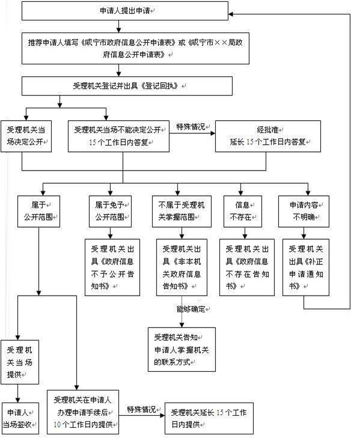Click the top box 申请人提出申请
click(125, 11)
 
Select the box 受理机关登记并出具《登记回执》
click(127, 86)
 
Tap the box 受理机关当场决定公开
click(26, 136)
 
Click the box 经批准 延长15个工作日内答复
click(268, 136)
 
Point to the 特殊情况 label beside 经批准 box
click(191, 127)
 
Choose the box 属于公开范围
click(38, 211)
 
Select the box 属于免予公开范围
click(110, 211)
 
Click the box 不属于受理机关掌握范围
click(182, 211)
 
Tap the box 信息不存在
click(243, 211)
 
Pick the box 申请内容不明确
click(304, 211)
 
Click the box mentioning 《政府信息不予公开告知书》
click(112, 267)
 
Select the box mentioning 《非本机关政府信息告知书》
click(182, 267)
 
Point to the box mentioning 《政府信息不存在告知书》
click(247, 267)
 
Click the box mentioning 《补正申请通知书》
click(306, 267)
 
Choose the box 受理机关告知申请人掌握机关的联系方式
click(182, 350)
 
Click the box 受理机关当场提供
click(20, 362)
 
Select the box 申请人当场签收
click(20, 418)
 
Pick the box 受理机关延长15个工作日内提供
click(209, 418)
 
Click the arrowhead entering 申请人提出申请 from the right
click(231, 14)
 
